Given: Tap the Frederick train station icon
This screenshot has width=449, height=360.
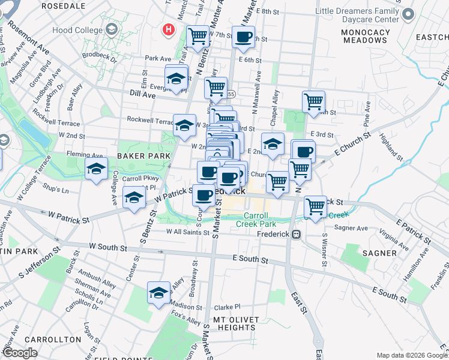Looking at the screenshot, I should point(296,235).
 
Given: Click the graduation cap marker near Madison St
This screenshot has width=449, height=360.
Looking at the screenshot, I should point(158,293).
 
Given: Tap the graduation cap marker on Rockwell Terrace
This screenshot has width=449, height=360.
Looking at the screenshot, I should point(185,125).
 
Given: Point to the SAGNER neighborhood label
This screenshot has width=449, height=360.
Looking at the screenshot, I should point(379,253).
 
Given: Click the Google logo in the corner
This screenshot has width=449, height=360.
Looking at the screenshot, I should point(20,353).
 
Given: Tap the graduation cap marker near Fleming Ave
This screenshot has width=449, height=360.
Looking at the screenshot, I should point(96,170).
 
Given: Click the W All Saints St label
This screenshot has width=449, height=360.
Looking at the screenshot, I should point(184,232).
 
